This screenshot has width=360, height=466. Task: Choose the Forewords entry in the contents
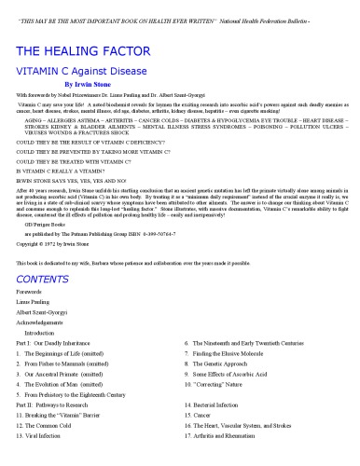click(33, 318)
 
